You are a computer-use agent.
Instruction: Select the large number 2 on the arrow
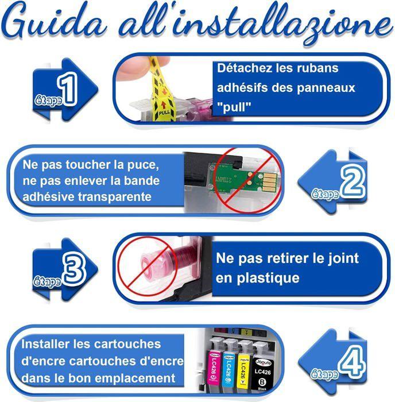(x=351, y=183)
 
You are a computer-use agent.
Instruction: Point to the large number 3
(x=73, y=269)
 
